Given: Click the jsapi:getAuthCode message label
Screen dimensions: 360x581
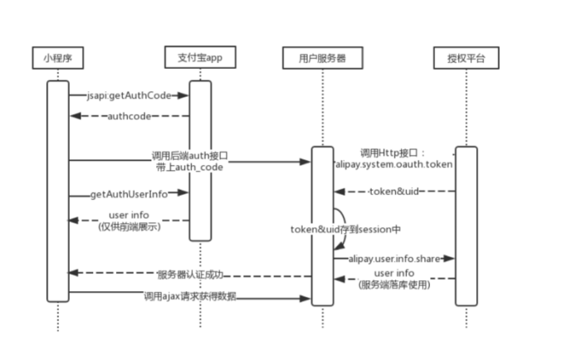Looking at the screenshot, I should tap(129, 95).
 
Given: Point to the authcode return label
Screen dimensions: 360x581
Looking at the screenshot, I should tap(129, 116).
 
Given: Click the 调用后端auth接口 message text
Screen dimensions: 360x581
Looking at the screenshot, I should tap(189, 155).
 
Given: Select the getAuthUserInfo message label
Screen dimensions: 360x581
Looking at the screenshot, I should tap(129, 194).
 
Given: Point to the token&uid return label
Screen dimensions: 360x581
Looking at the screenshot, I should tap(394, 192).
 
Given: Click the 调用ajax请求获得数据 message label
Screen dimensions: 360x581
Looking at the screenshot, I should tap(190, 295).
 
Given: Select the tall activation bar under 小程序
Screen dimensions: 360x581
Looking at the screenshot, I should tap(58, 191).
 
